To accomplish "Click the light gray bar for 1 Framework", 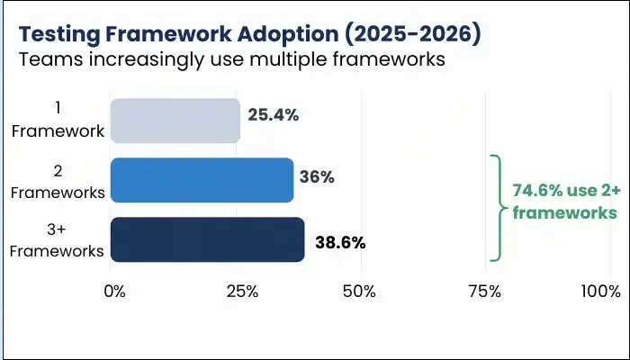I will pyautogui.click(x=175, y=121).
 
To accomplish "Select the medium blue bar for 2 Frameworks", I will pyautogui.click(x=202, y=180).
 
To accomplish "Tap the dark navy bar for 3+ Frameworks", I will pyautogui.click(x=207, y=239).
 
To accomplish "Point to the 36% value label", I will pyautogui.click(x=317, y=177).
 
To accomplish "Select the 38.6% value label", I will pyautogui.click(x=340, y=243).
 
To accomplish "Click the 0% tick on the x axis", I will pyautogui.click(x=114, y=292).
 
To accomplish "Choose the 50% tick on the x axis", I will pyautogui.click(x=360, y=292).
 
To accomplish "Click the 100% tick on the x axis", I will pyautogui.click(x=601, y=292).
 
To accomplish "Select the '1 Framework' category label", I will pyautogui.click(x=58, y=121).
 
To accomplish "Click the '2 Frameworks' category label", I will pyautogui.click(x=58, y=180).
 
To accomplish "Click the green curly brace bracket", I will pyautogui.click(x=495, y=208).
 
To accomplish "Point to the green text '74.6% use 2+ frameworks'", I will pyautogui.click(x=564, y=202).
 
